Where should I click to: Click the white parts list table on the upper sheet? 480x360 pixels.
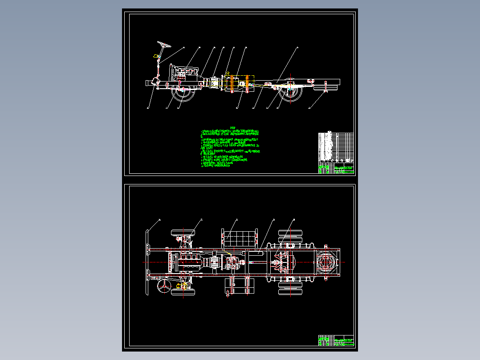point(336,147)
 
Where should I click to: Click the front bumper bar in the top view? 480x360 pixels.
point(147,262)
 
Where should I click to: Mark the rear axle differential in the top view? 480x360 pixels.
point(285,262)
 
